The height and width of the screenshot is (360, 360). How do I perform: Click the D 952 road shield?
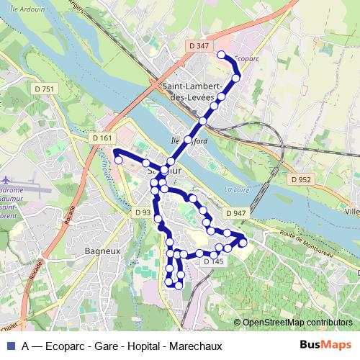point(302,179)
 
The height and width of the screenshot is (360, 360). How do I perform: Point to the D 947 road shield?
point(235,214)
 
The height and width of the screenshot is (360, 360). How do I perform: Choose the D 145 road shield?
point(214,262)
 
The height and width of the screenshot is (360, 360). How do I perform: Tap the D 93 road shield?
point(143,213)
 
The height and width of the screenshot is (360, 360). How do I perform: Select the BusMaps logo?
point(325,345)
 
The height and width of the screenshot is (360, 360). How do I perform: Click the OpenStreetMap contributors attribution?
point(297,323)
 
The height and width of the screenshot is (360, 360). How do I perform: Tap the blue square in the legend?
point(10,345)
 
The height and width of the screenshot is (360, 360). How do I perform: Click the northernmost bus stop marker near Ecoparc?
point(221,55)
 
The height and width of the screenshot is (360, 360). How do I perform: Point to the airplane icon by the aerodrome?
point(6,179)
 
